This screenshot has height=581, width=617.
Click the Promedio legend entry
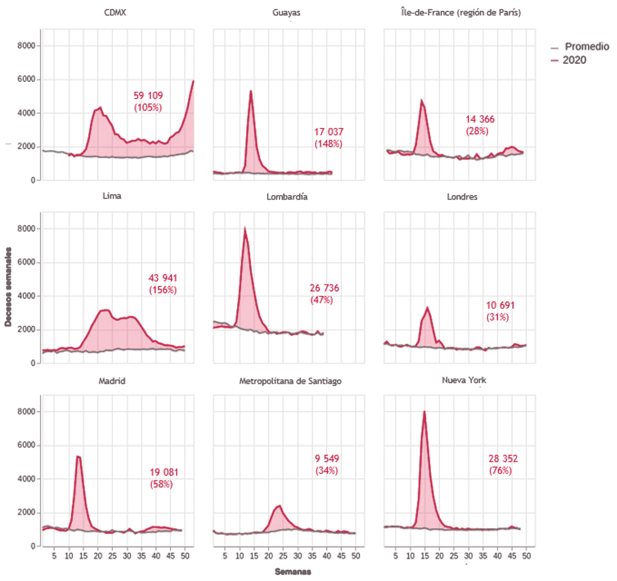(x=586, y=47)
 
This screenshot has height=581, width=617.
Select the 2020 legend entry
(x=574, y=60)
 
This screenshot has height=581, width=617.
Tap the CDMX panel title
(x=115, y=12)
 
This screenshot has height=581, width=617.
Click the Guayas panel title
(x=286, y=12)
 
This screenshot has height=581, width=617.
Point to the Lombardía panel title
(x=287, y=197)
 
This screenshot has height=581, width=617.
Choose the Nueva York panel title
(x=464, y=380)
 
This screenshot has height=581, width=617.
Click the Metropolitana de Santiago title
(x=290, y=381)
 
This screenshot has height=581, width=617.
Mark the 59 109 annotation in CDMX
(x=148, y=96)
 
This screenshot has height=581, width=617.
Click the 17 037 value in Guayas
(x=329, y=132)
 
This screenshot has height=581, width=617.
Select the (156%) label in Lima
(x=163, y=290)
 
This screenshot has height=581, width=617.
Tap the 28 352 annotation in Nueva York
(x=503, y=458)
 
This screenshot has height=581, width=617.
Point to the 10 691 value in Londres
(x=500, y=305)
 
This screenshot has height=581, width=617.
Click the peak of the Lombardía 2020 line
(x=245, y=228)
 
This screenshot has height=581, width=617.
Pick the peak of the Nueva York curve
(x=424, y=411)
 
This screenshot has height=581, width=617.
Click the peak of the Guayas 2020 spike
(x=251, y=91)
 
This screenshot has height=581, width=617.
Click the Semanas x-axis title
(x=293, y=572)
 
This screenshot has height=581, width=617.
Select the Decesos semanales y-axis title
(x=8, y=287)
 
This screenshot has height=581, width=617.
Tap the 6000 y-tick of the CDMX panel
(x=26, y=79)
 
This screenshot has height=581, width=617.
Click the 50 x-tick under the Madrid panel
(x=185, y=556)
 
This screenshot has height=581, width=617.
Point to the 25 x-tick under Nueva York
(x=454, y=556)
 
